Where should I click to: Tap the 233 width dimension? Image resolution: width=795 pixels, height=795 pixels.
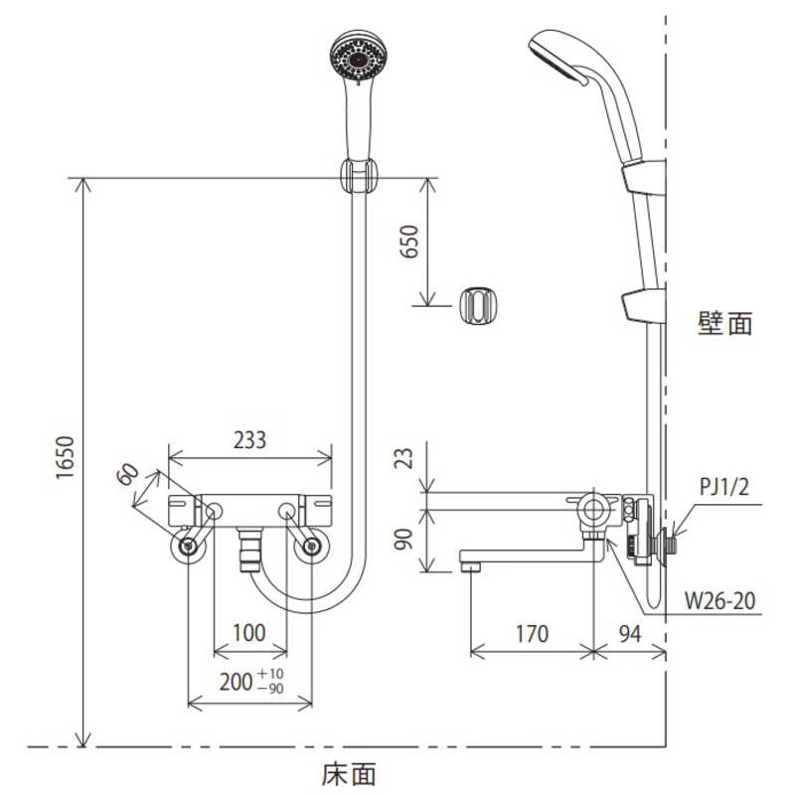pos(248,440)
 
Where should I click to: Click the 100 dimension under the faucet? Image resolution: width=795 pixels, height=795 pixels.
pos(249,633)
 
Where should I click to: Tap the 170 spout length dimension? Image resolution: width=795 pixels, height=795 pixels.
pos(532,634)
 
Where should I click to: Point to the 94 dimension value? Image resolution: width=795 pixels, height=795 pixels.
pos(628,634)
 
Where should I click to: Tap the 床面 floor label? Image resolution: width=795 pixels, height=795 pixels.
pos(349,772)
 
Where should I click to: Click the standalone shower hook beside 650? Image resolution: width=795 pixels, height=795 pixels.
pos(478,304)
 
